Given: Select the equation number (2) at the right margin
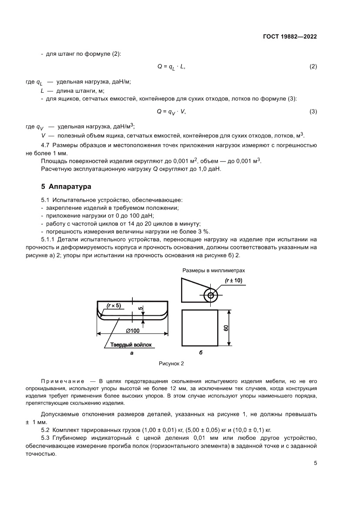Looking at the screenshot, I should (x=313, y=67).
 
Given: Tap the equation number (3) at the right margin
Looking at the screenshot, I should (x=313, y=111).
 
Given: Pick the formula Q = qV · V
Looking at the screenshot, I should (x=171, y=112).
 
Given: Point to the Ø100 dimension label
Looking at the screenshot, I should (x=132, y=330).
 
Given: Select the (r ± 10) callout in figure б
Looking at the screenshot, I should (x=233, y=280).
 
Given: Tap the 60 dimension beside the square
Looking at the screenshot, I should (x=226, y=327).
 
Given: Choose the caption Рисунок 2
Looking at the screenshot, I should (x=171, y=363).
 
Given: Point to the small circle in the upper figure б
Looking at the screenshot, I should (x=211, y=296).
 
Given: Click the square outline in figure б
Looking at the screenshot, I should (x=199, y=327).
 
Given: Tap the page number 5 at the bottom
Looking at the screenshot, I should (x=315, y=463).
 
